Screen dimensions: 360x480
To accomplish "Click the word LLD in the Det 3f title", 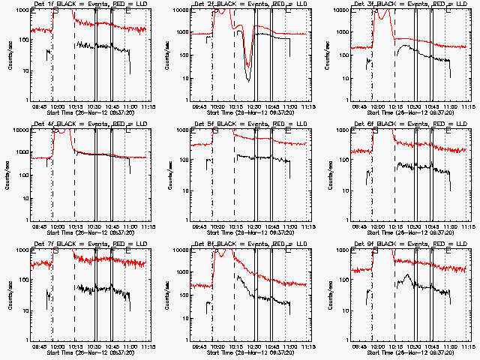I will tap(459, 4).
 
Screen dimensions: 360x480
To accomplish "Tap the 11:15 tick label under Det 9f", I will tap(469, 346).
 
